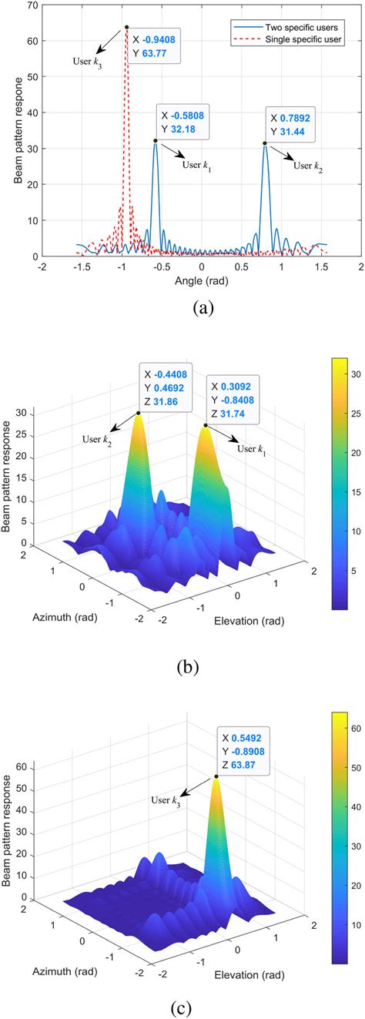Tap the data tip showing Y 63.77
pos(155,47)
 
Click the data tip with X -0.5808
pos(182,122)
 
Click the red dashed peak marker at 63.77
pos(126,27)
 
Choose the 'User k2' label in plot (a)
pos(308,166)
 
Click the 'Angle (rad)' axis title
pos(201,280)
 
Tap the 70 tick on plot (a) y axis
pos(32,5)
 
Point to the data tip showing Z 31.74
pos(233,401)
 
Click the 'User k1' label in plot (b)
pos(251,450)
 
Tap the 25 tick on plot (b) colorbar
pos(356,414)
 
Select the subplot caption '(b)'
pos(187,667)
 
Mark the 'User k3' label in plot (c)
pos(166,801)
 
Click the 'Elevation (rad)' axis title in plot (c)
pos(249,975)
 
